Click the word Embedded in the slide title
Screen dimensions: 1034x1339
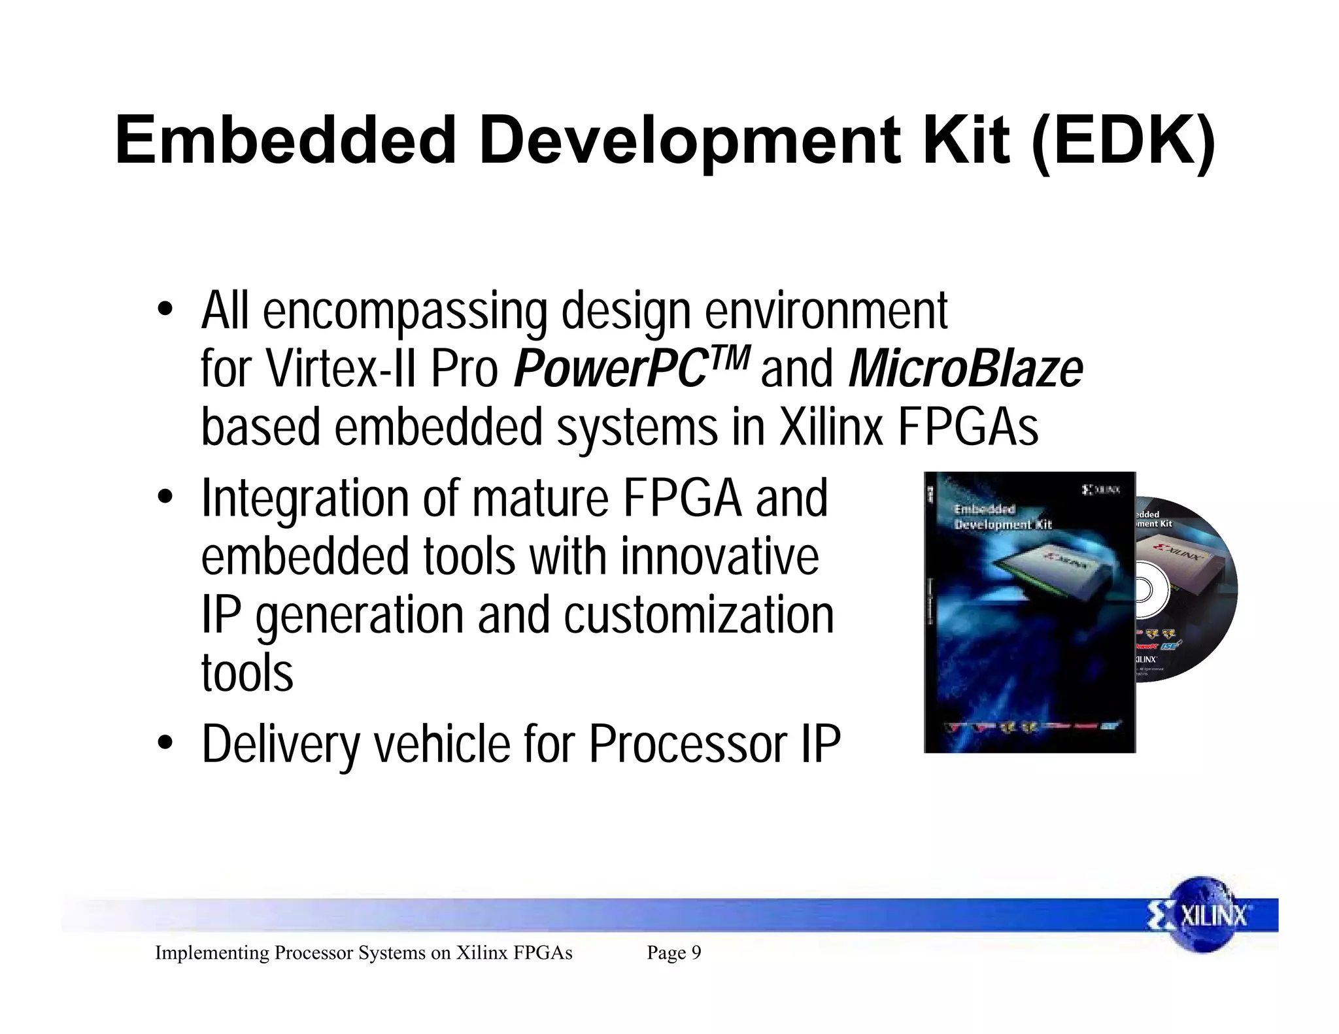[285, 141]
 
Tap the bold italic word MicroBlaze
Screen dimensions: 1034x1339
[965, 369]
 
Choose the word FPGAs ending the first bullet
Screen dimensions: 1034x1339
[968, 427]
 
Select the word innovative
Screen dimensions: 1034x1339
[719, 557]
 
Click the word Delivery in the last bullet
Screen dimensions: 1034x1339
[281, 745]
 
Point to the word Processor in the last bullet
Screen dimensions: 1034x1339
[688, 745]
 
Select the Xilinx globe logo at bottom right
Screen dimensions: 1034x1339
[1202, 914]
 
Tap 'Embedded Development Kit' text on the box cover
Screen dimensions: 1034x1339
[1002, 517]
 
